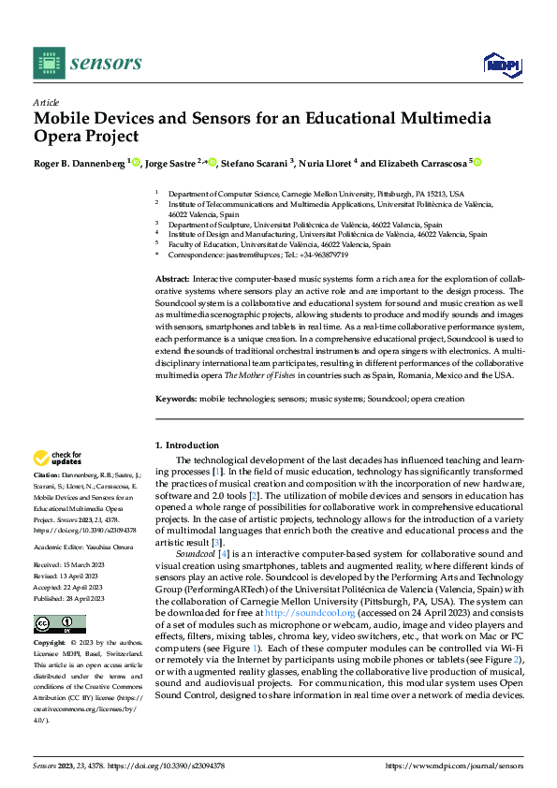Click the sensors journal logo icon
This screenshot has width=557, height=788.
pyautogui.click(x=48, y=63)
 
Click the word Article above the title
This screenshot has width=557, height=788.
pyautogui.click(x=46, y=102)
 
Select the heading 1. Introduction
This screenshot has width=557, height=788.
pyautogui.click(x=187, y=445)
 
